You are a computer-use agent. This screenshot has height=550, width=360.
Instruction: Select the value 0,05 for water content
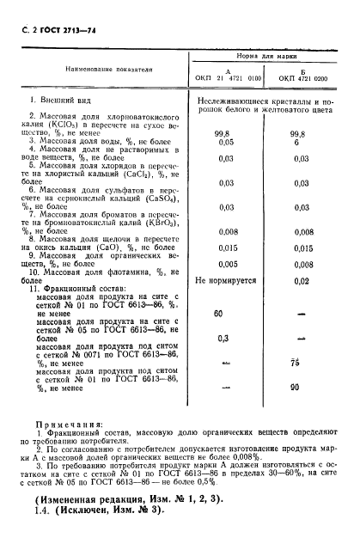coord(227,144)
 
